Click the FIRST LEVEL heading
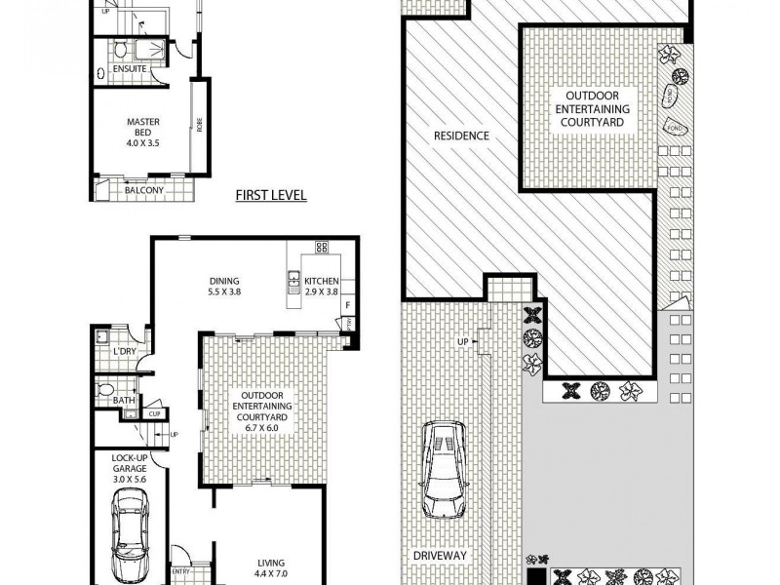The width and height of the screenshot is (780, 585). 271,195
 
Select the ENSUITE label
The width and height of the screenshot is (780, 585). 130,70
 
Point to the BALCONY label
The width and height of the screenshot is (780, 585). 143,190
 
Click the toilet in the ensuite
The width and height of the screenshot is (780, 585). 118,49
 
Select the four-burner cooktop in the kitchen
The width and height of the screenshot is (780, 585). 321,248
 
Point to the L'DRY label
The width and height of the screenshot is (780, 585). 125,350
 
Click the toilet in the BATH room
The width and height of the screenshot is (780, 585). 108,391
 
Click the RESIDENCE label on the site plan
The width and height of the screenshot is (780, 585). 461,136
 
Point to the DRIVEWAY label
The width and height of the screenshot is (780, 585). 439,555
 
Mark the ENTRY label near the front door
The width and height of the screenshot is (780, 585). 182,572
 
